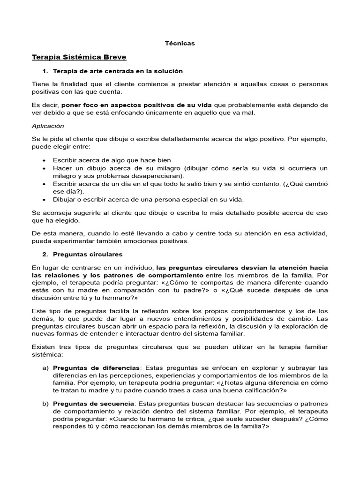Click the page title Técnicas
(180, 43)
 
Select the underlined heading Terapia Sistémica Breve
(79, 57)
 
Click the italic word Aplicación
(48, 126)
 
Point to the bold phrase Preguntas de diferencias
(96, 367)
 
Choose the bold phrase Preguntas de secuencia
(94, 404)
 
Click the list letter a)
(45, 367)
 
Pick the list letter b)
(45, 404)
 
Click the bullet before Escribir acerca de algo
(44, 160)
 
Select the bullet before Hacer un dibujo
(44, 168)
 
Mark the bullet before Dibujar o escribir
(44, 199)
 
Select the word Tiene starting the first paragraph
(40, 84)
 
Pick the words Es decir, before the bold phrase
(45, 105)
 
